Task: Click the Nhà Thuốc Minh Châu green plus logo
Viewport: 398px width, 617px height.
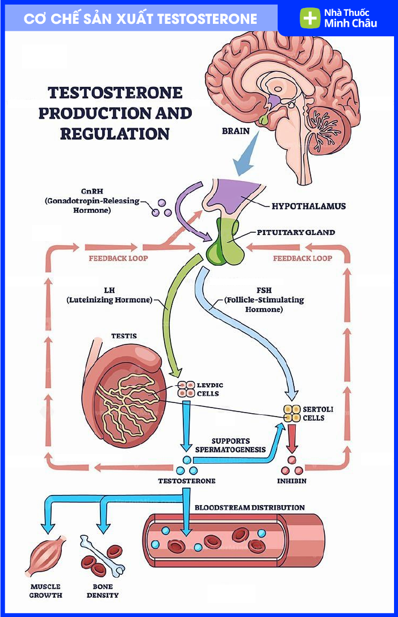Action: pyautogui.click(x=310, y=18)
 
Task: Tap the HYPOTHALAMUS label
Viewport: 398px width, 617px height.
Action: pyautogui.click(x=308, y=206)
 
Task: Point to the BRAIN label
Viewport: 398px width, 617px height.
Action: pyautogui.click(x=236, y=131)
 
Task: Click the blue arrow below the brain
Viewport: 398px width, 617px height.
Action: pyautogui.click(x=246, y=158)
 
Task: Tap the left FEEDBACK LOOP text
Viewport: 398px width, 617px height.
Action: pyautogui.click(x=118, y=258)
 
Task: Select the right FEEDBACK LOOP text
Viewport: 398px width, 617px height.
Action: pyautogui.click(x=303, y=258)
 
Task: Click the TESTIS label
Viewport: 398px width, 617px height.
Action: pyautogui.click(x=124, y=336)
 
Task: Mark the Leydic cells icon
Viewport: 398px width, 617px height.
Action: pyautogui.click(x=186, y=389)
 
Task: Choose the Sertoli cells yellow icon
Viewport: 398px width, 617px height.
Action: pyautogui.click(x=291, y=413)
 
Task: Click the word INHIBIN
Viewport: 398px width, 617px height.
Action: pyautogui.click(x=292, y=481)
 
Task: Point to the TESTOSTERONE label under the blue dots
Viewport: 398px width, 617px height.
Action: pyautogui.click(x=187, y=481)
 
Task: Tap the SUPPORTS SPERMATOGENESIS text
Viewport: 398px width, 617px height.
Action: pyautogui.click(x=231, y=445)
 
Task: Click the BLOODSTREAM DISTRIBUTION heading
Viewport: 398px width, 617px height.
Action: pyautogui.click(x=250, y=507)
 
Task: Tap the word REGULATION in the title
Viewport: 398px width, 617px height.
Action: pyautogui.click(x=115, y=134)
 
